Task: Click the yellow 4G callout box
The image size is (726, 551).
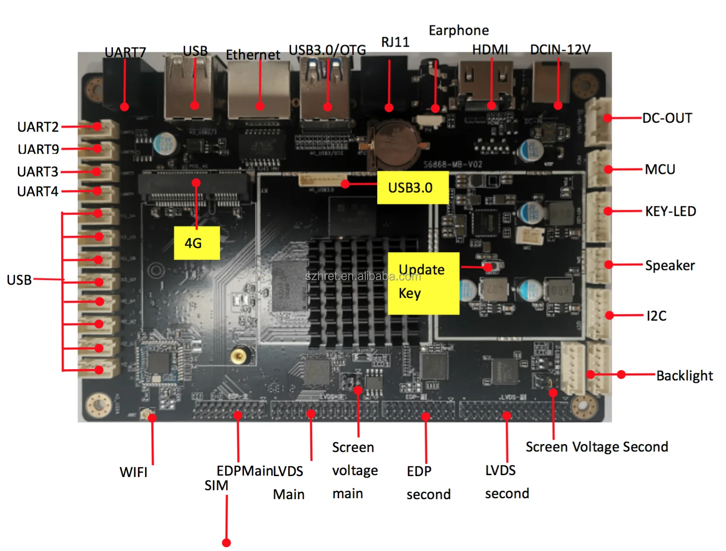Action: pyautogui.click(x=197, y=243)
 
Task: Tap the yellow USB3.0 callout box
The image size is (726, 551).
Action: pyautogui.click(x=412, y=187)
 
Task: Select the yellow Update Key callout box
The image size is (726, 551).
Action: pyautogui.click(x=423, y=283)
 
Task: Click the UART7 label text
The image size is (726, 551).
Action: pyautogui.click(x=125, y=52)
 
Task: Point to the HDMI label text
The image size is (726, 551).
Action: pyautogui.click(x=490, y=49)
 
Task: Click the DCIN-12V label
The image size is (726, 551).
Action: pyautogui.click(x=560, y=49)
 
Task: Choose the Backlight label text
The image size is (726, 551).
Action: pyautogui.click(x=685, y=375)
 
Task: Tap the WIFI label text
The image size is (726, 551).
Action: pyautogui.click(x=133, y=472)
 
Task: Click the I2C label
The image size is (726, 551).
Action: pyautogui.click(x=656, y=316)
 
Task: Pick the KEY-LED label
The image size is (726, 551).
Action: pyautogui.click(x=670, y=211)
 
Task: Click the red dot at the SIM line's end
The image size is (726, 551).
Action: pyautogui.click(x=226, y=543)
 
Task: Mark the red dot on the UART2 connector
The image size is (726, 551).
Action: pyautogui.click(x=97, y=126)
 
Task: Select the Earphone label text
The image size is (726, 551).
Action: pyautogui.click(x=459, y=31)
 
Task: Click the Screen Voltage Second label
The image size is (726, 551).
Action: pyautogui.click(x=597, y=446)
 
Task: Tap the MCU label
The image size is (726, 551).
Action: pyautogui.click(x=660, y=170)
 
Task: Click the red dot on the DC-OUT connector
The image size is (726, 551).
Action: pyautogui.click(x=608, y=118)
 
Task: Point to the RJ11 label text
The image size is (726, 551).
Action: pyautogui.click(x=395, y=42)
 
